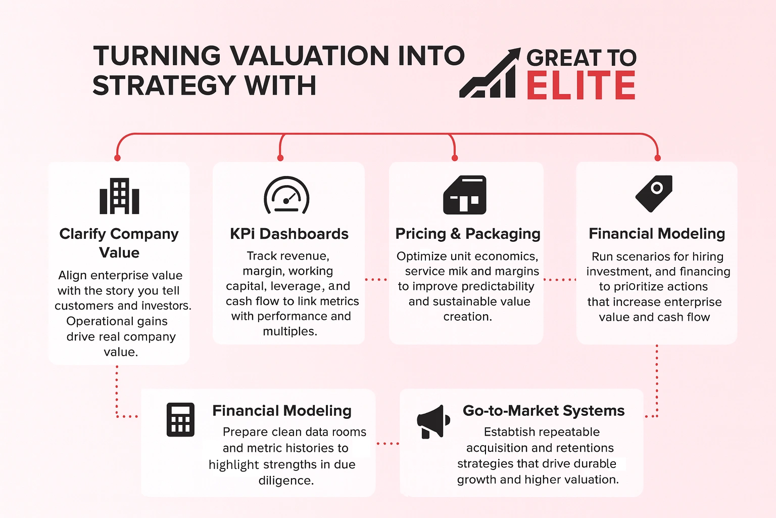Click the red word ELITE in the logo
pos(581,86)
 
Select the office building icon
pos(119,196)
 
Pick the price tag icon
pos(654,193)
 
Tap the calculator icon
pos(180,420)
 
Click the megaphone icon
pos(433,421)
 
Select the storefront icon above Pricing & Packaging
pos(465,195)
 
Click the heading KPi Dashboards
pos(289,234)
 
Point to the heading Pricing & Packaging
pos(468,234)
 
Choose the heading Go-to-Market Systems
pos(544,411)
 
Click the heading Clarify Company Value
pos(119,243)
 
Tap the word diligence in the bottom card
pos(285,481)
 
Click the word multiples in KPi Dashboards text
pos(289,332)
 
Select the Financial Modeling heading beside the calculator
pos(282,411)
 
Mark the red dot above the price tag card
pos(657,158)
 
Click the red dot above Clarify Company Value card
pos(117,158)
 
